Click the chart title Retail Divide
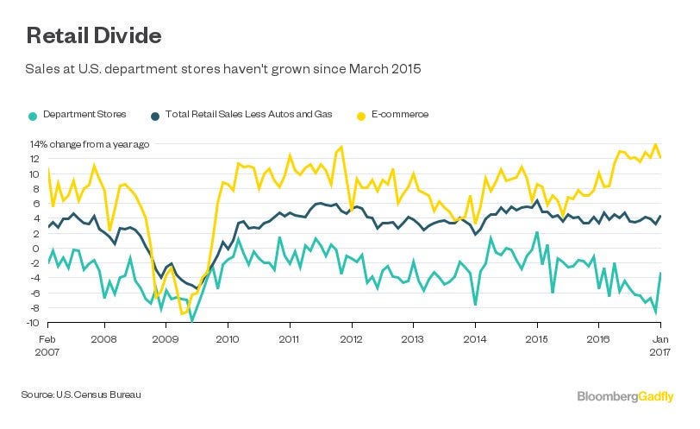point(93,36)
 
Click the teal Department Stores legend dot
point(33,115)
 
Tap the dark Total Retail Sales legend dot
point(155,115)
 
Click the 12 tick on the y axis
point(34,160)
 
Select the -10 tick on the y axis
point(32,323)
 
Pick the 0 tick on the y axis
point(37,249)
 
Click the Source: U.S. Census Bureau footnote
point(80,394)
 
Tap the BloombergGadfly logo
point(625,395)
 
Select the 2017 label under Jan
point(659,353)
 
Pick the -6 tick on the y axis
point(34,293)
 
